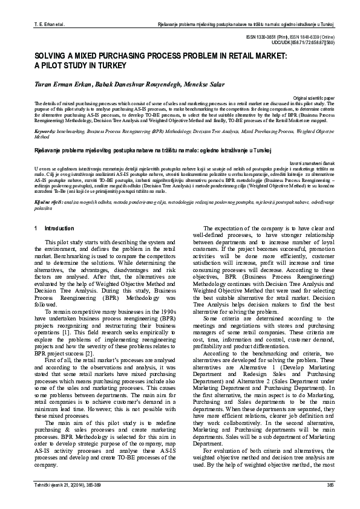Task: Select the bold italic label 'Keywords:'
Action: click(x=45, y=131)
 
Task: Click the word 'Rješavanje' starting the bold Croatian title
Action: click(x=48, y=148)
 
